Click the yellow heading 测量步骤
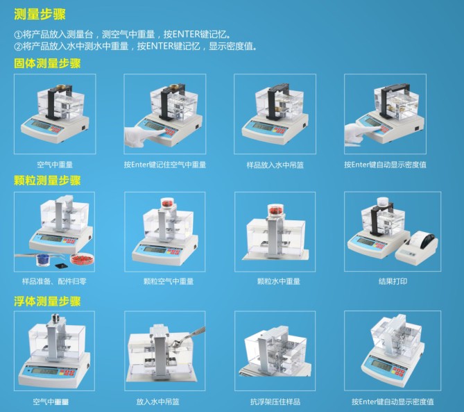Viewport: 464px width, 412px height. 40,14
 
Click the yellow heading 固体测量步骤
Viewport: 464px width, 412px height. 47,63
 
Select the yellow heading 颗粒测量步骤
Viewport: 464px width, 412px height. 47,181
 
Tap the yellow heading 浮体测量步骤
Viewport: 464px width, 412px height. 47,301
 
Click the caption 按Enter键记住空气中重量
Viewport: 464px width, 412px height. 165,165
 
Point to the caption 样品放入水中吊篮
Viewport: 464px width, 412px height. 275,165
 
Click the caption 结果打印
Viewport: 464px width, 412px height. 393,281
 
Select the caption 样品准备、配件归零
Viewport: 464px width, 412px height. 55,281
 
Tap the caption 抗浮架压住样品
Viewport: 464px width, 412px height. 275,402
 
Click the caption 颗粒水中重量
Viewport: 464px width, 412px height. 278,281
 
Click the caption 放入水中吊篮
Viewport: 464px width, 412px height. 157,402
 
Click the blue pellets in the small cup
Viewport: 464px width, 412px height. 43,259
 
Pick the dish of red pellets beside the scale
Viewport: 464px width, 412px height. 82,258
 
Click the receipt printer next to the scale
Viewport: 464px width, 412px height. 417,245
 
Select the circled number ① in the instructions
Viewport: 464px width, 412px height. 18,35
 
